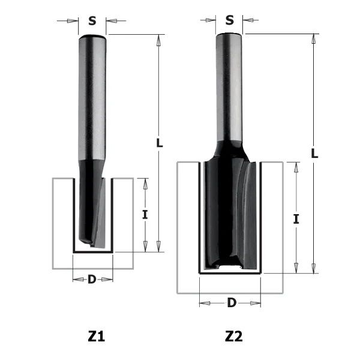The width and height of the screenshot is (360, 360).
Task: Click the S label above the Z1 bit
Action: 92,21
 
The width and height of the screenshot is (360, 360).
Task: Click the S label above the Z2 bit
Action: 229,20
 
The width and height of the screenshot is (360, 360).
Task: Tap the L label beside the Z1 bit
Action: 158,143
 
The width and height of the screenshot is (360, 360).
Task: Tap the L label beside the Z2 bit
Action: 314,153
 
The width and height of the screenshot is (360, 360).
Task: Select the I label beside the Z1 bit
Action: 145,214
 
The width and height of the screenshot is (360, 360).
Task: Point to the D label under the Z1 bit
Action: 92,279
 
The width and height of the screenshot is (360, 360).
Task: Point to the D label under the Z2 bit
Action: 231,303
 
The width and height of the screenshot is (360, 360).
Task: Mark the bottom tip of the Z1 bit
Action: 90,244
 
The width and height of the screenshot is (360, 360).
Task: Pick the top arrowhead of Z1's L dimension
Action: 159,40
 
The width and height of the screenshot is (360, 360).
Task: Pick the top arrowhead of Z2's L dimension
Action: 314,38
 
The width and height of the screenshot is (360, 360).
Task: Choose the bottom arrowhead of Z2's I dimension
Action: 296,268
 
